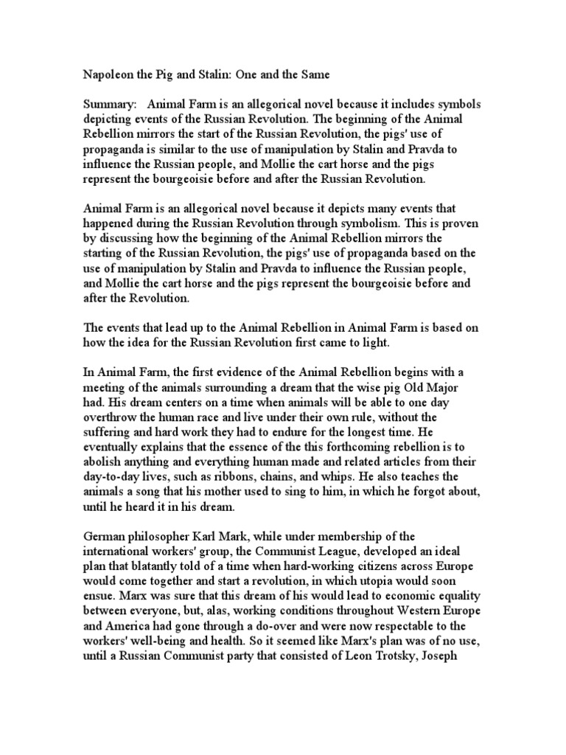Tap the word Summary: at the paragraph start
106,105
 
